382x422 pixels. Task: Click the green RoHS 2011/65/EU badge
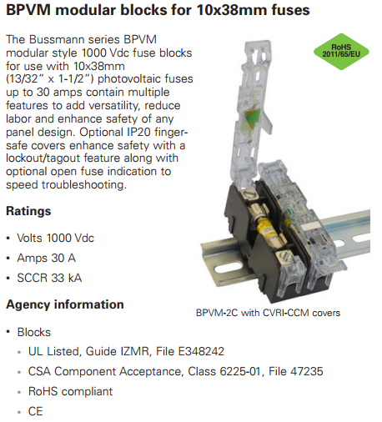(x=341, y=52)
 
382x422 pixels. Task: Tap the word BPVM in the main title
(x=28, y=10)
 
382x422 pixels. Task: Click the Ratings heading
(x=28, y=211)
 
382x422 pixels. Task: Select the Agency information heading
(x=65, y=304)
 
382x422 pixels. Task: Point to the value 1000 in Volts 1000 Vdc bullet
(x=55, y=238)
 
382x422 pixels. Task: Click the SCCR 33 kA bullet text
(x=49, y=278)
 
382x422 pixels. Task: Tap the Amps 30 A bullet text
(x=47, y=258)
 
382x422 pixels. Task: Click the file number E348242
(x=201, y=351)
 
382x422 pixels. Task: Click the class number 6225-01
(x=240, y=371)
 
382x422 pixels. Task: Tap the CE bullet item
(x=36, y=411)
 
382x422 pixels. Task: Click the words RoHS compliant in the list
(x=71, y=391)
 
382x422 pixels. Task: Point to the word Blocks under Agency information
(x=34, y=332)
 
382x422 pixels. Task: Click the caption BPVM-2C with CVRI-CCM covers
(x=268, y=313)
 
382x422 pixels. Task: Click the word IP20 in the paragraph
(x=138, y=132)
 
